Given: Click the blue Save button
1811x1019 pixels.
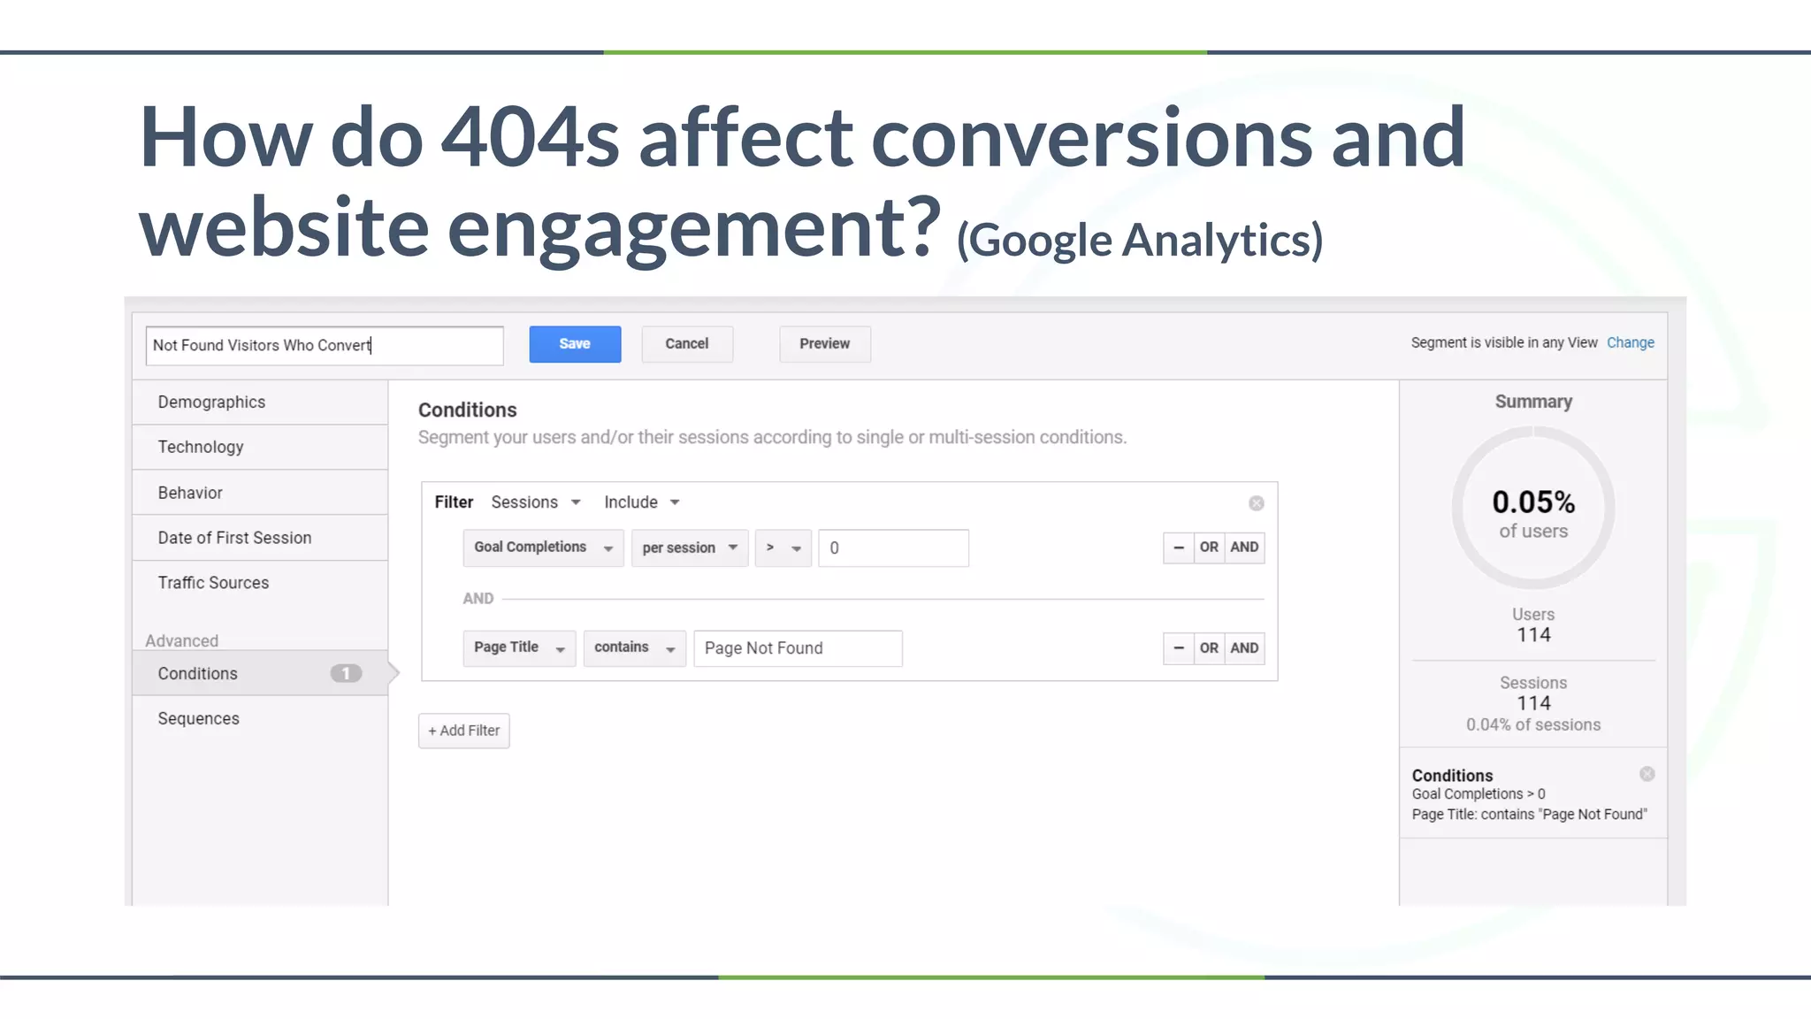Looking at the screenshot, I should [575, 344].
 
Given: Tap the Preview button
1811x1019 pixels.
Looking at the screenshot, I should [824, 344].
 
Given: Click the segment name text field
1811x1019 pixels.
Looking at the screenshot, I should [325, 346].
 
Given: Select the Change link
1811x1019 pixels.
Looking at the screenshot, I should [1630, 343].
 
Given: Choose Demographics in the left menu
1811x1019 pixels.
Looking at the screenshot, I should [212, 402].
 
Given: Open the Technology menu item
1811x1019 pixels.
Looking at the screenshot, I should [201, 448].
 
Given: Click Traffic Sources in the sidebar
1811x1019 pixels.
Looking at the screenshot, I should [213, 583].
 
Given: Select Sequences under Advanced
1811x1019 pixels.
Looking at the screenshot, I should [199, 719].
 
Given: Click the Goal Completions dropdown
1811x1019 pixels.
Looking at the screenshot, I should [543, 548].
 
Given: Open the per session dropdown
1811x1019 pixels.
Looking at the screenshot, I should [690, 548].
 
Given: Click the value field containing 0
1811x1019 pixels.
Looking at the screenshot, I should [893, 548].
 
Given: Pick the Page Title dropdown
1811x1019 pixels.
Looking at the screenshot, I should [519, 648].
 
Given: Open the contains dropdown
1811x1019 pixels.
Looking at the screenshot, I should [634, 648].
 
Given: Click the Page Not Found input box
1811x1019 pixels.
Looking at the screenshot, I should [798, 648].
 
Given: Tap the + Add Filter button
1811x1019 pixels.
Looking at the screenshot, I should [464, 731].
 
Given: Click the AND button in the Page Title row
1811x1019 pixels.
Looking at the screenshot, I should [1244, 648].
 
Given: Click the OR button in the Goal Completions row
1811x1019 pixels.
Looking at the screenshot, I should [1209, 548].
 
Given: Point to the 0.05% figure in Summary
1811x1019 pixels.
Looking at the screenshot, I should [1533, 502].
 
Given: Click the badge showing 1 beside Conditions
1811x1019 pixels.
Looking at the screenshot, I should [346, 674].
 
